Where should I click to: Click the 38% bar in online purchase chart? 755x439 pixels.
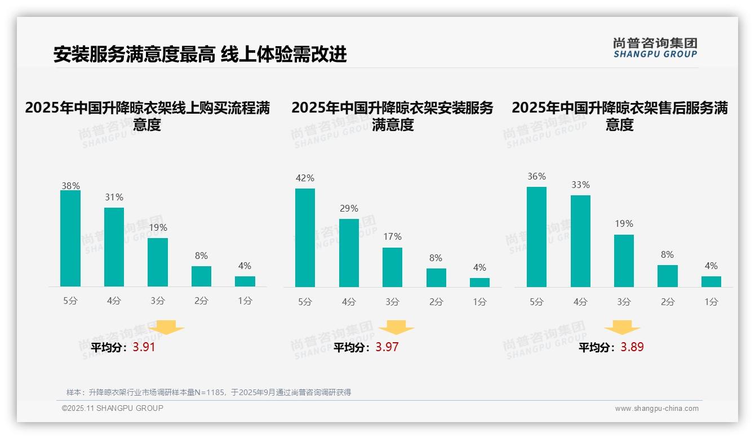point(70,239)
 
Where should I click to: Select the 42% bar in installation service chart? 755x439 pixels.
point(305,238)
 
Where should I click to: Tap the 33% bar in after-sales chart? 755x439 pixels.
point(580,241)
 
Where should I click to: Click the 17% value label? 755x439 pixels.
point(392,237)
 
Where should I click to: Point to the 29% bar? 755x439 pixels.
point(349,253)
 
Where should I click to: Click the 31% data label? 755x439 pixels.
point(114,198)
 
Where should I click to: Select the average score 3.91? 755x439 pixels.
point(144,347)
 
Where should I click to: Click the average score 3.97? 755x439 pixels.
point(387,347)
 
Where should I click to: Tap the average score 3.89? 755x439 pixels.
point(632,347)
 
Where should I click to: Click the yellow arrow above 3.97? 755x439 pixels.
point(397,328)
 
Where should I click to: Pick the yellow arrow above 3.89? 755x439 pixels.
point(622,328)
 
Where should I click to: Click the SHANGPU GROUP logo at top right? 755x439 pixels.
point(655,48)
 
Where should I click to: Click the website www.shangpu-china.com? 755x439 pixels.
point(656,409)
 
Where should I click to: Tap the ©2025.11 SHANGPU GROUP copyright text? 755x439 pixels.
point(113,408)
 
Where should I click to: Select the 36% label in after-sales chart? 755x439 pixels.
point(536,177)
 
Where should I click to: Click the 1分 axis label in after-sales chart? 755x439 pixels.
point(711,302)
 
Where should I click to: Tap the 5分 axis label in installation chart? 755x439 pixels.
point(305,302)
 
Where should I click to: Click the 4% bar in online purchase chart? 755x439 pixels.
point(245,281)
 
